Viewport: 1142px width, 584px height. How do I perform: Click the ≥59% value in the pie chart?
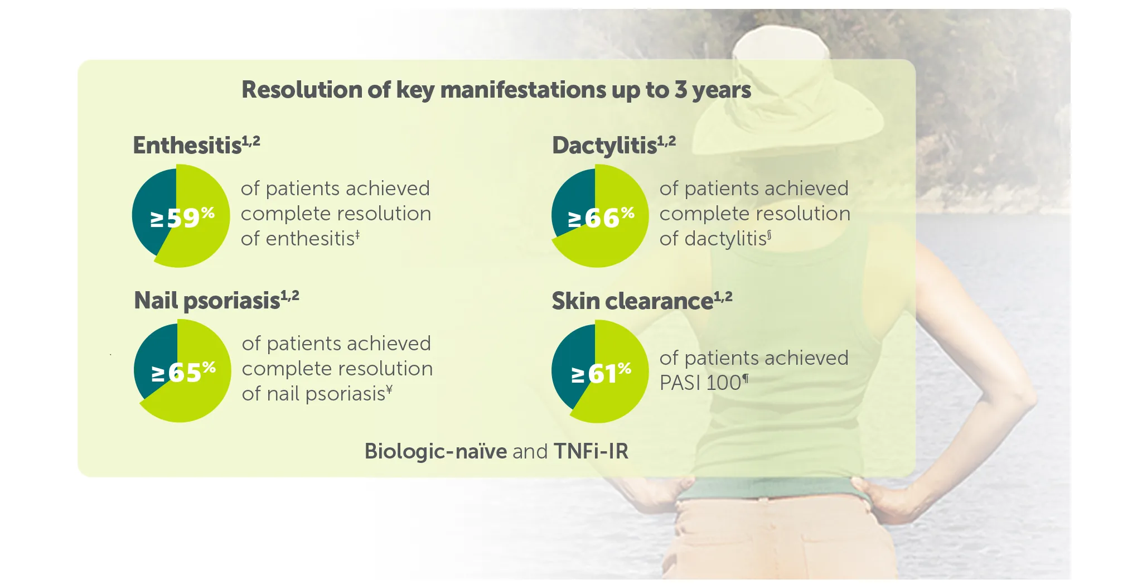182,217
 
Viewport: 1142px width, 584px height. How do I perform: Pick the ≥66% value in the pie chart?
601,217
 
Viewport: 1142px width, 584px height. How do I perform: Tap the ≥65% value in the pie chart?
183,372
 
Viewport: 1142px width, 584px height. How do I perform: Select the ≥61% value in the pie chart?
601,373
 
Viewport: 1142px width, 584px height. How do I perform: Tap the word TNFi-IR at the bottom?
591,451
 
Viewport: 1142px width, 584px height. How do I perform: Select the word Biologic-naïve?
435,451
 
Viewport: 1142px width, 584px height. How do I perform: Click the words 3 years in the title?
713,90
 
